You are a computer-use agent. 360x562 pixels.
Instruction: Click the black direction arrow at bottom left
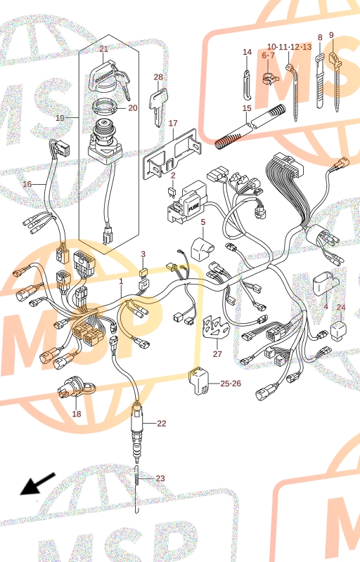coord(37,484)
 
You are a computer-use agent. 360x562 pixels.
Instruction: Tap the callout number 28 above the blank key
coord(158,77)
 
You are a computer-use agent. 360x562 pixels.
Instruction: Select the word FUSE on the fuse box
coord(193,207)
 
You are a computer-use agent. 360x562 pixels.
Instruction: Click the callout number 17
coord(173,124)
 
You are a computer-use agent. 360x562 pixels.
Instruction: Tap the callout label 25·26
coord(231,384)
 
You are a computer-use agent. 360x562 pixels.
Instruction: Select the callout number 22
coord(162,424)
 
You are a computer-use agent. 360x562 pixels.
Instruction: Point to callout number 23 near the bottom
coord(160,478)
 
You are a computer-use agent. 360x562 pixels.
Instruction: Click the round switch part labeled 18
coord(76,391)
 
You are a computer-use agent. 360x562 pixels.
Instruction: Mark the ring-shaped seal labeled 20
coord(105,107)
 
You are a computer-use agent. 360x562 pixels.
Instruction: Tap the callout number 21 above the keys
coord(103,49)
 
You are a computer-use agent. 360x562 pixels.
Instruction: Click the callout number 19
coord(60,118)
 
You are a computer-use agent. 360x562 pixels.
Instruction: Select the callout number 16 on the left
coord(27,184)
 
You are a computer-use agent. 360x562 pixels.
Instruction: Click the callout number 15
coord(247,108)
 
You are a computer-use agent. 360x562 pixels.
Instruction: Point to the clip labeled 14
coord(247,85)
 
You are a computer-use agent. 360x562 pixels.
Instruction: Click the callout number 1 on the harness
coord(121,282)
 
